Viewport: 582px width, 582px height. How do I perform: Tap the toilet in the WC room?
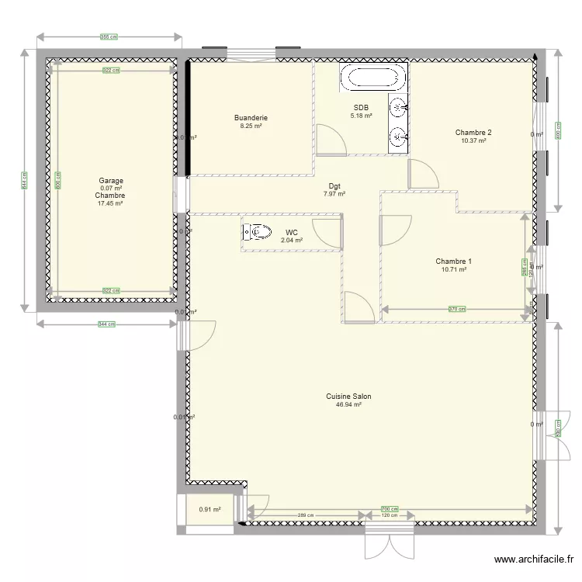257,231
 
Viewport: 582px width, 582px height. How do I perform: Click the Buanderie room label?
251,118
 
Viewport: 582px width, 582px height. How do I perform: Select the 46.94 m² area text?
348,405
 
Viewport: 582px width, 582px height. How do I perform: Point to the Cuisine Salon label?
348,397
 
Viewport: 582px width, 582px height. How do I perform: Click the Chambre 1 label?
454,262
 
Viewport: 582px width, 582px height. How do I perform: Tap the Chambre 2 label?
473,132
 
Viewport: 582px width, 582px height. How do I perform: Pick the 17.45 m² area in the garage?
111,204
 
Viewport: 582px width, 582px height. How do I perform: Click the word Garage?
111,181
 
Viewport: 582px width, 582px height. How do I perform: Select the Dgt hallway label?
334,186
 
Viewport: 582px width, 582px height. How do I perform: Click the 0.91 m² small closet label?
210,510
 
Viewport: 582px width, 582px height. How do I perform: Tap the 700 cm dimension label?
386,509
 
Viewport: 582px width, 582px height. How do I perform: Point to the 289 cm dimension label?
305,515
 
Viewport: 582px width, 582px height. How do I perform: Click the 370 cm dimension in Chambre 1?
456,310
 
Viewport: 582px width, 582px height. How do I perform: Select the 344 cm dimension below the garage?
107,324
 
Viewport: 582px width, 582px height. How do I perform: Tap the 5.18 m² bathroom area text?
361,116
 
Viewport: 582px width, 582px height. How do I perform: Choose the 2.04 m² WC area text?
292,241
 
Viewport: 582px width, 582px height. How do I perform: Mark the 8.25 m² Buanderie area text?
251,126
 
